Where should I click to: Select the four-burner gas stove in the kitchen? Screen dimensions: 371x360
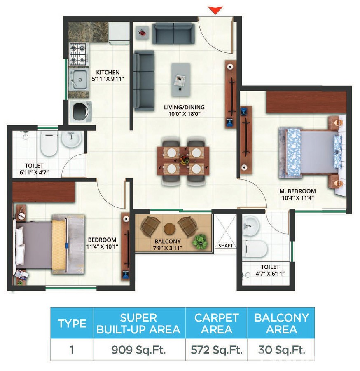click(79, 54)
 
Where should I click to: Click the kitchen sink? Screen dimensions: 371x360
click(78, 79)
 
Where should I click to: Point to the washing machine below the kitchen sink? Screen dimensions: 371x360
click(81, 110)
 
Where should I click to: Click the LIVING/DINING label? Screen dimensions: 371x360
click(184, 108)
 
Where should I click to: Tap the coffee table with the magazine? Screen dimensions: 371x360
click(181, 75)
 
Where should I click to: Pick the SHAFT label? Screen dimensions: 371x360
click(226, 246)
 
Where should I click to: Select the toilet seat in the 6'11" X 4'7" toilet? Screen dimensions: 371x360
click(49, 144)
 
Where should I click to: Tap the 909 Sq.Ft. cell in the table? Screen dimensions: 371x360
click(139, 350)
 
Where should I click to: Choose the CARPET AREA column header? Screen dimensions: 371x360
click(216, 323)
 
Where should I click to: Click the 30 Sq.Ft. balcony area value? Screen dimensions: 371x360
click(282, 350)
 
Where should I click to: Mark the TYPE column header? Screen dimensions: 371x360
click(72, 323)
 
